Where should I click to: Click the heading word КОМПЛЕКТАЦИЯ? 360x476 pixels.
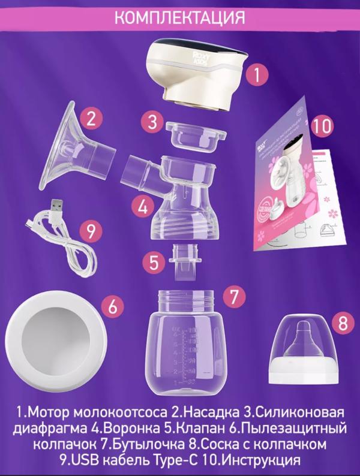coord(179,16)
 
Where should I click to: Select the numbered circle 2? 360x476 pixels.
coord(90,118)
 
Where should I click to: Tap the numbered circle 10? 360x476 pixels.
coord(322,126)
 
